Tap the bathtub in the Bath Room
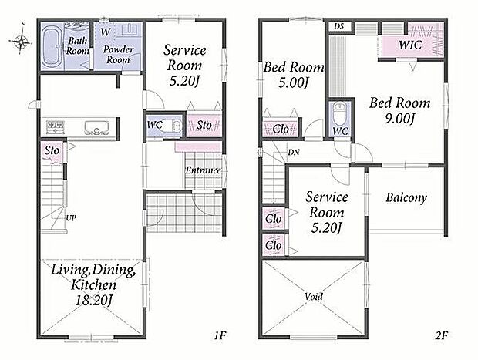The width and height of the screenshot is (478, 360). [52, 47]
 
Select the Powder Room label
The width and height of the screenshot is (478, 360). [118, 55]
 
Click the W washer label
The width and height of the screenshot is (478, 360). [105, 32]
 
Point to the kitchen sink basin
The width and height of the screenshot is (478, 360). [96, 127]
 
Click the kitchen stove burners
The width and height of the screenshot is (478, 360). [56, 126]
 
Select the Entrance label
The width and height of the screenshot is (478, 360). [203, 170]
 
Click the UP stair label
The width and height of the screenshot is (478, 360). [71, 218]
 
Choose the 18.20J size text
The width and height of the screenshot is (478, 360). [94, 301]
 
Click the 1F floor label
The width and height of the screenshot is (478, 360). [219, 335]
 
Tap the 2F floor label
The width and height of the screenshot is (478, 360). [441, 335]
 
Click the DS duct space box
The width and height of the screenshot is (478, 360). [339, 26]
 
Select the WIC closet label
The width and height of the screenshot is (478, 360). [410, 45]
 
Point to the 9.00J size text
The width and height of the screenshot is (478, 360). [399, 119]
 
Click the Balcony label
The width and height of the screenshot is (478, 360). [406, 197]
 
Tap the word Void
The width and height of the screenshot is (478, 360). [314, 296]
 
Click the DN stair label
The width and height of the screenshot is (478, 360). [294, 152]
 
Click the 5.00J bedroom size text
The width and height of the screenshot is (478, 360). [292, 82]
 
